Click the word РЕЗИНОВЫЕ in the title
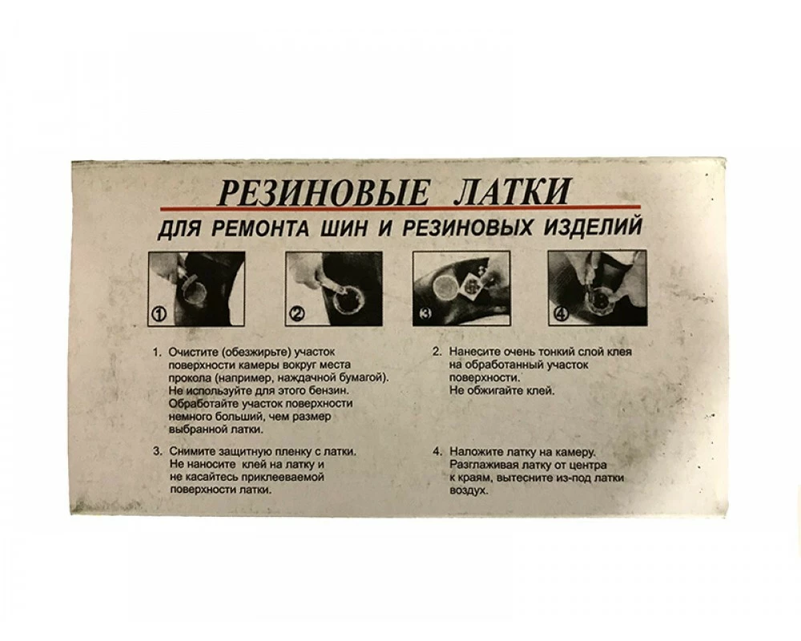(x=323, y=192)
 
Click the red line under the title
(x=400, y=208)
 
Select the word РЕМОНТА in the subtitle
(x=260, y=228)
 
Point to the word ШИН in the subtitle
(x=344, y=228)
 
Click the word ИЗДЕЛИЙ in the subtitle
(x=592, y=226)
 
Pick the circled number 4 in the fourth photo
(x=561, y=314)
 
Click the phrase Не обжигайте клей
(x=501, y=391)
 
